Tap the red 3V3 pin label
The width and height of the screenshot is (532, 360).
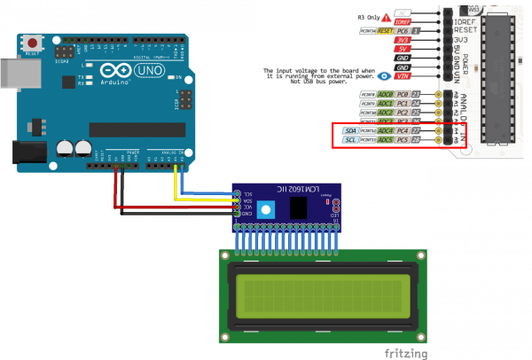(403, 40)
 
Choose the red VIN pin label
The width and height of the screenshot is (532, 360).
(403, 76)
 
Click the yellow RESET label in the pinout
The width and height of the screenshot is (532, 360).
(385, 30)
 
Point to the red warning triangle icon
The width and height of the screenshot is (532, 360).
(386, 17)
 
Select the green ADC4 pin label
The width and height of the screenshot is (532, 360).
(386, 130)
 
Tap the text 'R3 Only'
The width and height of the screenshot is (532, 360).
(368, 17)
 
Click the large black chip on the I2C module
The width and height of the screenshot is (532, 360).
(299, 207)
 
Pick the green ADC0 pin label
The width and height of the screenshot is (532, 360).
(386, 93)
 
